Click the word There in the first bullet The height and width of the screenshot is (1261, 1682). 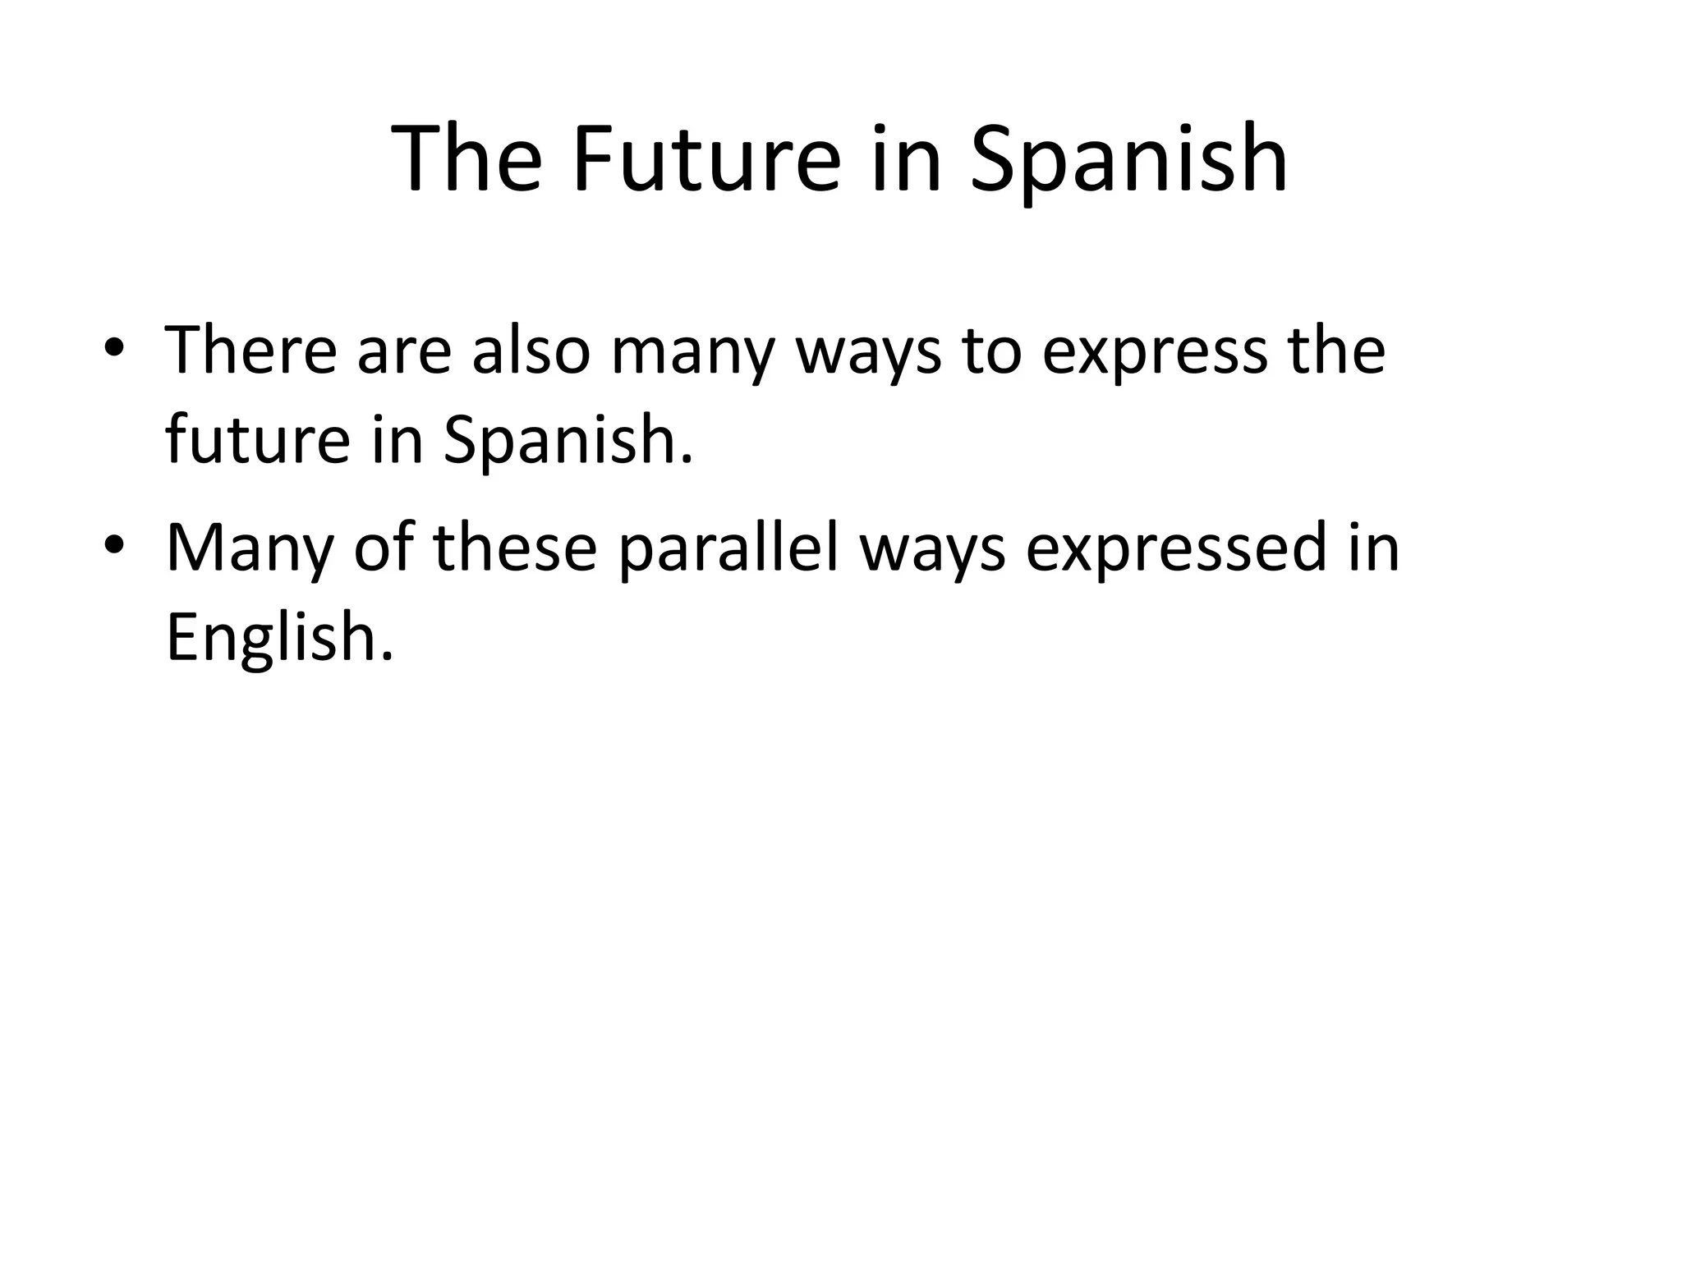point(250,351)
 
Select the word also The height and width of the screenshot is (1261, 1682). point(531,351)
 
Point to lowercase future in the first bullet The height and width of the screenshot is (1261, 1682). point(257,438)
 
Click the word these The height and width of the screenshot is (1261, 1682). point(515,548)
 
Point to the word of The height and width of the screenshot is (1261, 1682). point(383,548)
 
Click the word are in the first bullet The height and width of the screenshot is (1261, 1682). point(403,353)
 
